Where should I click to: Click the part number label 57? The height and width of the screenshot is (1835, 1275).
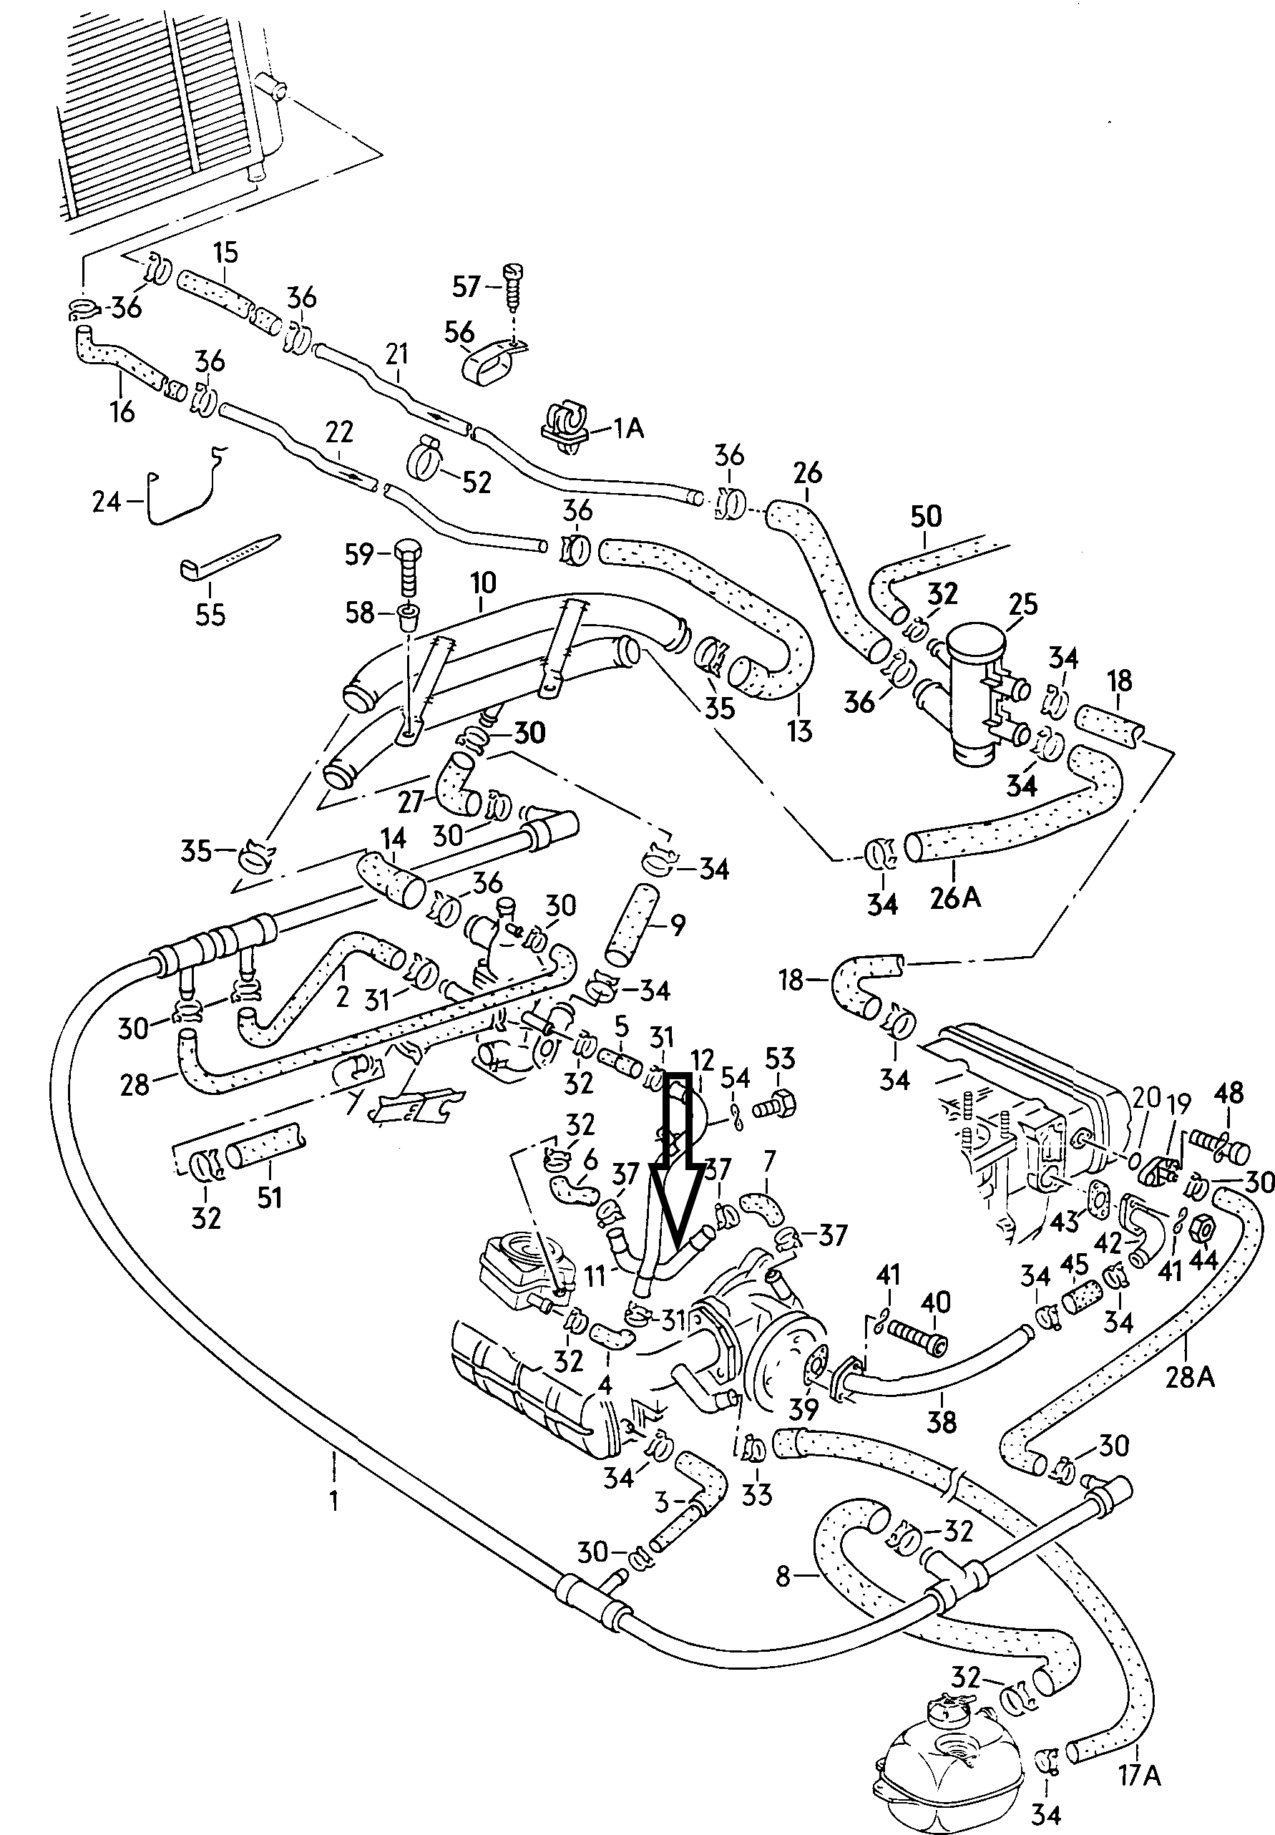pos(466,286)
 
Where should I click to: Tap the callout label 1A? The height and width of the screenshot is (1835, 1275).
pos(629,428)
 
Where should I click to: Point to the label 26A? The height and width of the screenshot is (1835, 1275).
pos(955,898)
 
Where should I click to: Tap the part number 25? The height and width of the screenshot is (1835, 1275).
pos(1022,604)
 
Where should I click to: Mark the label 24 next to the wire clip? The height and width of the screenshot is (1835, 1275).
pos(106,502)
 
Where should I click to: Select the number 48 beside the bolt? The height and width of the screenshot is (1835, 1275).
pos(1228,1092)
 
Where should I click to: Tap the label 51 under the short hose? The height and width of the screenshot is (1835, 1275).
pos(269,1197)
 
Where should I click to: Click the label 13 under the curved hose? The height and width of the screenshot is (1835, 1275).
pos(799,730)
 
